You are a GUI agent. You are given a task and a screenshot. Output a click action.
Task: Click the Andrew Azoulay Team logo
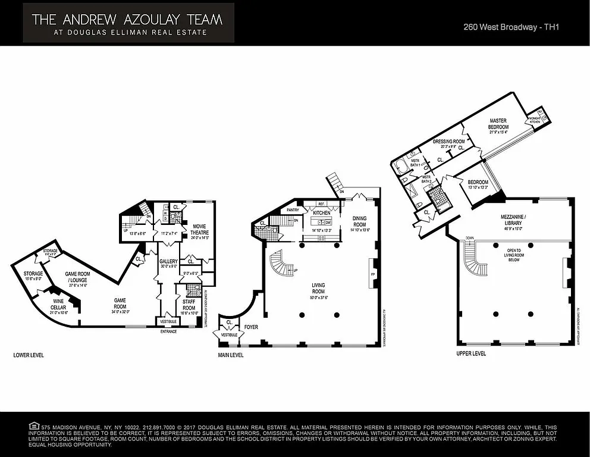pos(128,23)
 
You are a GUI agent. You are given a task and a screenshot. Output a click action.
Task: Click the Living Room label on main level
pos(319,289)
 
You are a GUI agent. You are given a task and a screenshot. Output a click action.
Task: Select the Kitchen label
pos(321,212)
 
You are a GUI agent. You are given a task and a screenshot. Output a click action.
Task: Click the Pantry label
pos(293,210)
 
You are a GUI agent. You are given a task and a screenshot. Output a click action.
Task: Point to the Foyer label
pos(250,327)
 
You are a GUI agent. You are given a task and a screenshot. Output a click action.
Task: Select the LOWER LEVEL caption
pos(29,355)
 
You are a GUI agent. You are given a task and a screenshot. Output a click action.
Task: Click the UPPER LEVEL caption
pos(471,353)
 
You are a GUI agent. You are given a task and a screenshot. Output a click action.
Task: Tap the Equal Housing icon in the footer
pos(33,426)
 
